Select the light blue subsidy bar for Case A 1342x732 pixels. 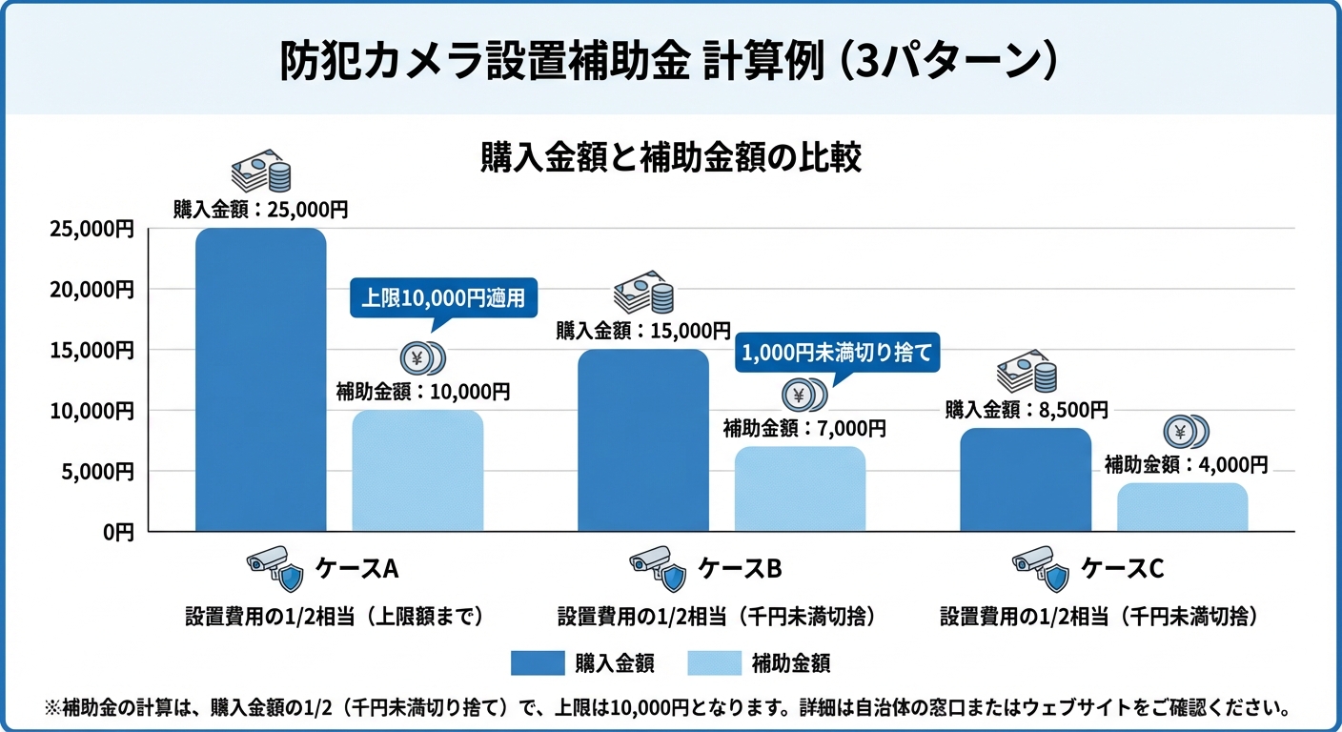[x=417, y=471]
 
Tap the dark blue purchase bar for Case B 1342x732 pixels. [x=643, y=440]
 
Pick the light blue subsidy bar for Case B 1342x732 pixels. [x=800, y=489]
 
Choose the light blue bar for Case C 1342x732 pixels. [x=1182, y=507]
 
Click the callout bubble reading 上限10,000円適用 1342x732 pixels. [x=443, y=297]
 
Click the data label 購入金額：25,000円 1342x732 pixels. [x=260, y=210]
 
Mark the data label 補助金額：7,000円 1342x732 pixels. [x=804, y=429]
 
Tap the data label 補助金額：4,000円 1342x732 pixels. [x=1187, y=465]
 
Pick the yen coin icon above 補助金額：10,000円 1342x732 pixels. [x=422, y=359]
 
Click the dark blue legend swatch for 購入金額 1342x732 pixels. [x=537, y=663]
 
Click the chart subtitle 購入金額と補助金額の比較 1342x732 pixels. [x=671, y=158]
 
